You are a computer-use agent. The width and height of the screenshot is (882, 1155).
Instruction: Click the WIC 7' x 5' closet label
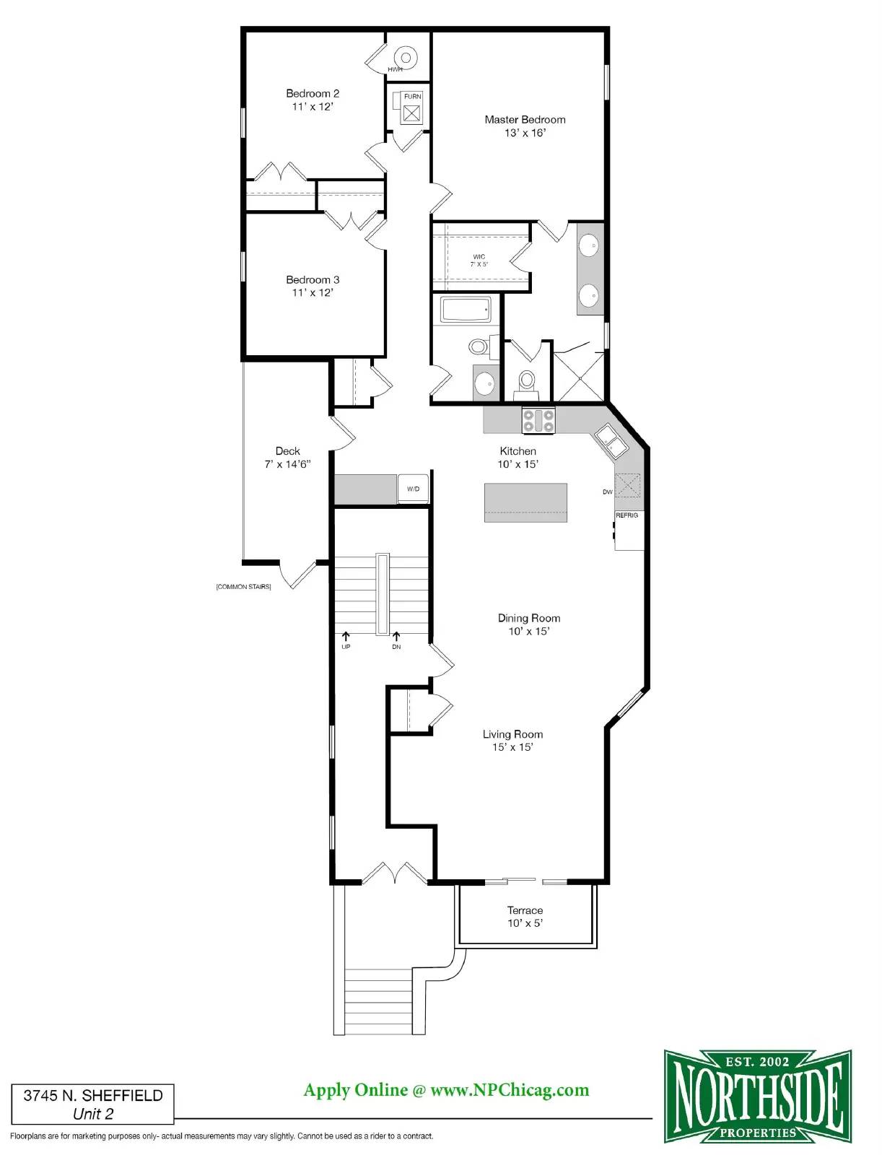pyautogui.click(x=479, y=261)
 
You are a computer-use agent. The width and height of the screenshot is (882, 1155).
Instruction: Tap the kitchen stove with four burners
pyautogui.click(x=538, y=420)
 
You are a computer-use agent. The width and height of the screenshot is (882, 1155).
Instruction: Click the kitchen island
pyautogui.click(x=525, y=502)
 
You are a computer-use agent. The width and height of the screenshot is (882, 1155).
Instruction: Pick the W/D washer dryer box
pyautogui.click(x=413, y=489)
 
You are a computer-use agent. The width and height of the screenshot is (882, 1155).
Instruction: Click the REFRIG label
pyautogui.click(x=627, y=515)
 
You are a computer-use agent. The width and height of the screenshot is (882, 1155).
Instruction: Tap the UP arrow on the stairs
pyautogui.click(x=346, y=637)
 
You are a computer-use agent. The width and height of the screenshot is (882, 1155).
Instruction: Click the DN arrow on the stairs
pyautogui.click(x=396, y=637)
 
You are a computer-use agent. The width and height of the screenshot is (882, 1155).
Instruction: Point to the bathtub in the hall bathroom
pyautogui.click(x=466, y=310)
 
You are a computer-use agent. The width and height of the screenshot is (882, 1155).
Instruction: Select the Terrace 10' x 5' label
pyautogui.click(x=525, y=916)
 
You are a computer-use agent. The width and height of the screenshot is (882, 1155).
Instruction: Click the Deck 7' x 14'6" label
pyautogui.click(x=288, y=457)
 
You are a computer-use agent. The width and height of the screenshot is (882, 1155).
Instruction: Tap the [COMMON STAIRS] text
pyautogui.click(x=243, y=587)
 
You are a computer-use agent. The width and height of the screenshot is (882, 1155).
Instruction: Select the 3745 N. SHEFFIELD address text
pyautogui.click(x=93, y=1096)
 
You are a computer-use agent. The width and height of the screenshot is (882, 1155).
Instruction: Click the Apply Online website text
pyautogui.click(x=447, y=1090)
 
